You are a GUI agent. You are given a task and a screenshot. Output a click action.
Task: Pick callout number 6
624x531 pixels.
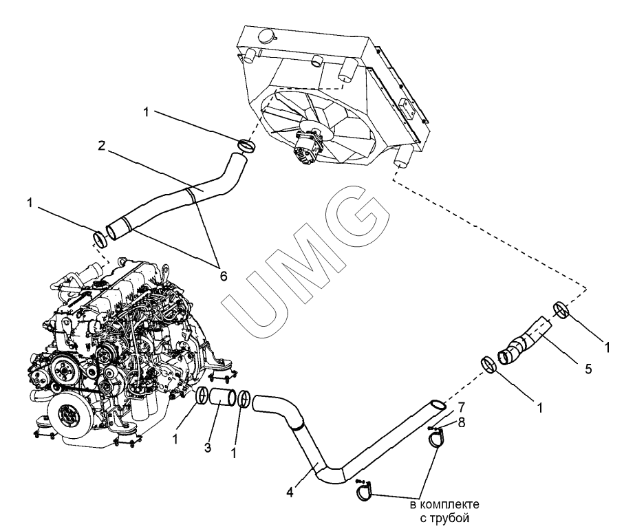[x=223, y=275]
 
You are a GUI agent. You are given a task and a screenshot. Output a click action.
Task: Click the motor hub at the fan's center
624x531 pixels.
[x=309, y=145]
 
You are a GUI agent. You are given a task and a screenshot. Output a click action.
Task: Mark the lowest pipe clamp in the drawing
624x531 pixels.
[x=367, y=491]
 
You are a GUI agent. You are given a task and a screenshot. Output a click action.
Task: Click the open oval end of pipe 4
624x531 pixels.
[x=436, y=404]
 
